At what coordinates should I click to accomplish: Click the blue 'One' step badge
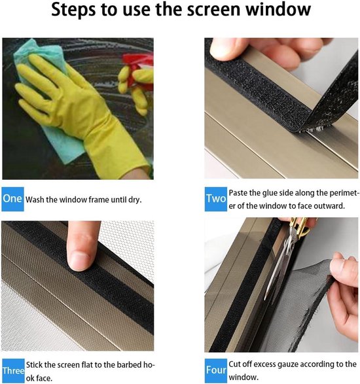click(12, 199)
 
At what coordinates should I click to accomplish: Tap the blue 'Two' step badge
click(216, 199)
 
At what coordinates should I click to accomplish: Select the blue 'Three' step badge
click(13, 371)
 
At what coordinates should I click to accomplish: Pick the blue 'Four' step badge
click(216, 371)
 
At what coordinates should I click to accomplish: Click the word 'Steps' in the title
click(74, 10)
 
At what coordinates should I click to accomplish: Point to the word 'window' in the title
click(278, 9)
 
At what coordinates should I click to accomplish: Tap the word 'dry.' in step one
click(135, 200)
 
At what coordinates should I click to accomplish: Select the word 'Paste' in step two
click(238, 193)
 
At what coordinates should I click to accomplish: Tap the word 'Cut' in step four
click(234, 364)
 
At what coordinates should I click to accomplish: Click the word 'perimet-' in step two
click(344, 193)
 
